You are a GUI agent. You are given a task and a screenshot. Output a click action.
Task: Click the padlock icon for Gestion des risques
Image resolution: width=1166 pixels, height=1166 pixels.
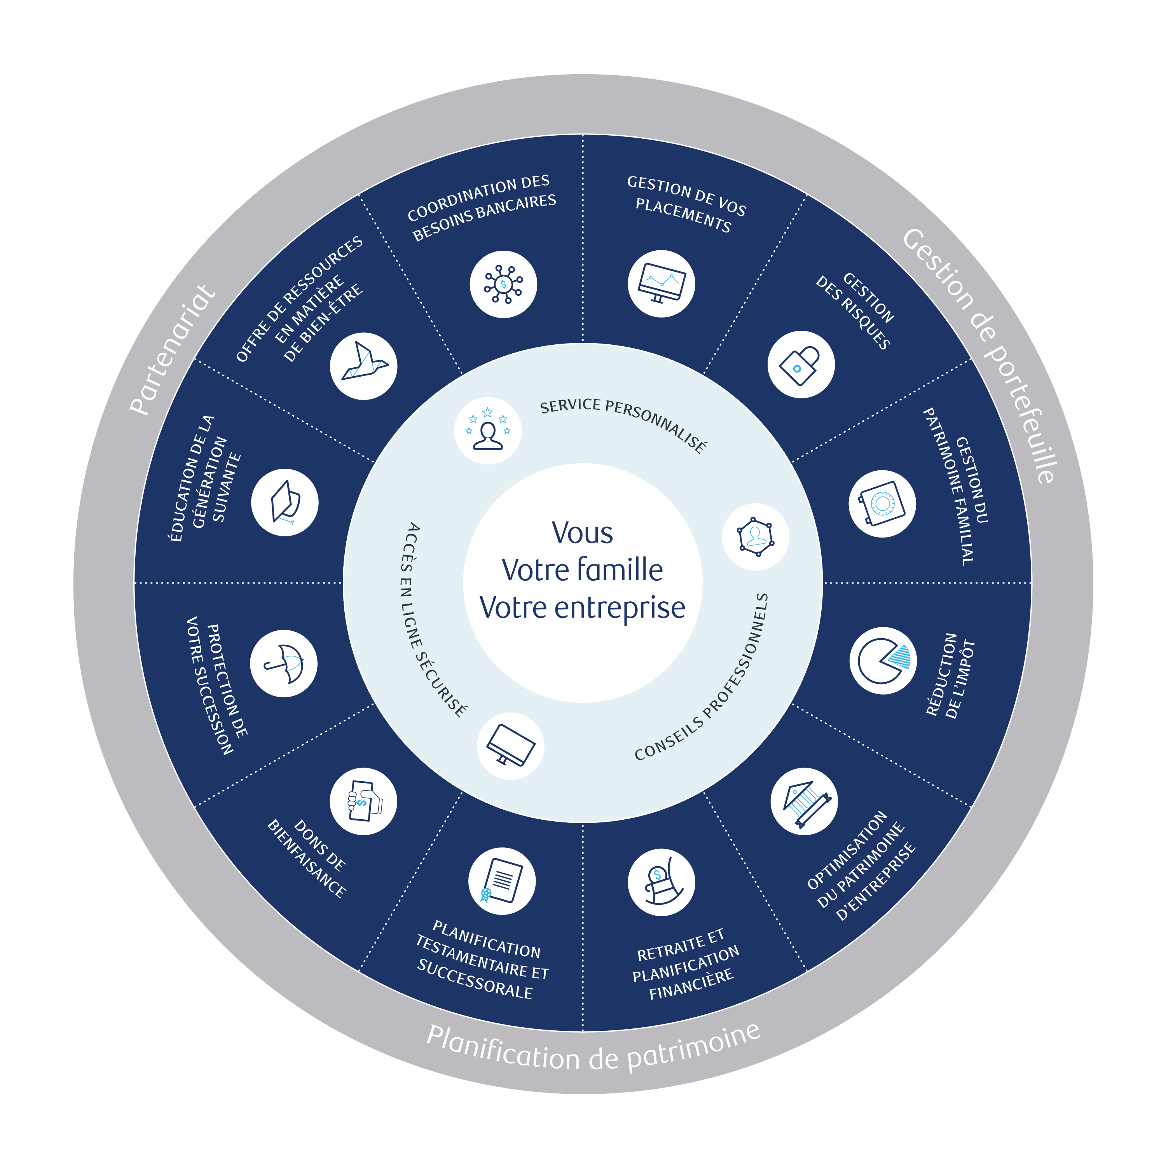click(x=801, y=365)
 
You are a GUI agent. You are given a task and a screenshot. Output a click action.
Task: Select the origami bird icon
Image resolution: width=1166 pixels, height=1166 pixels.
click(x=363, y=366)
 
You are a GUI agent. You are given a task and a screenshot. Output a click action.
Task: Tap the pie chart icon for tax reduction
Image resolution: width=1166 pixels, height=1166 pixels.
click(x=883, y=660)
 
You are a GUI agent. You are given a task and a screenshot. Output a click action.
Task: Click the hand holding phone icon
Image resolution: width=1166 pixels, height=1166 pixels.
click(x=363, y=801)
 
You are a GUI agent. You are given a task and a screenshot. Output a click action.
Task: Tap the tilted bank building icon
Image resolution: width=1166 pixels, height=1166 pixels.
click(x=804, y=801)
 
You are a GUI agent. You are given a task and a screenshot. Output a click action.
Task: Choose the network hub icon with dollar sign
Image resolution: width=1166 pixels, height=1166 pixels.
click(x=503, y=284)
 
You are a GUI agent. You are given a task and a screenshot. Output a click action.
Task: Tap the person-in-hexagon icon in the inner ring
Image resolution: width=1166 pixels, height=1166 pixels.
click(x=755, y=536)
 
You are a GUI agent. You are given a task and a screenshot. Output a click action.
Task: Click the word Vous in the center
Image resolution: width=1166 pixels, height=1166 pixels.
click(x=582, y=533)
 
